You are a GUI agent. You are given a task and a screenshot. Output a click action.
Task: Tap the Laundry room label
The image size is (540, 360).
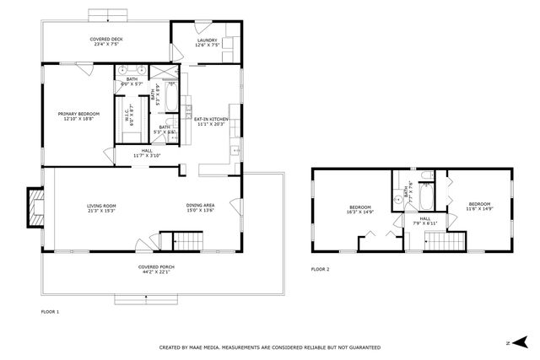[207, 43]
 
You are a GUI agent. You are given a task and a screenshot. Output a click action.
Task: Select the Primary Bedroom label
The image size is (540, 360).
[78, 116]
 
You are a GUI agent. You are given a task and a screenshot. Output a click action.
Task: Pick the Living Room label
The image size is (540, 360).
[101, 207]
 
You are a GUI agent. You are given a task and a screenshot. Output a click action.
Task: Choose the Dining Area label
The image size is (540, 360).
[200, 207]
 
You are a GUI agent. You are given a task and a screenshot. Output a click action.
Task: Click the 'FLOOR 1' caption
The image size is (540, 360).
[51, 311]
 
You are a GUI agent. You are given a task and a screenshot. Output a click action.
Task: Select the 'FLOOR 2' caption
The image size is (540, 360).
[320, 269]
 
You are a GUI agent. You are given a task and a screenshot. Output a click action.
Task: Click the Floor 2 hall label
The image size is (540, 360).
[425, 220]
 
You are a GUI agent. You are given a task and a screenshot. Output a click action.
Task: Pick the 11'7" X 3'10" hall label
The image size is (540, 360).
[146, 153]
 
